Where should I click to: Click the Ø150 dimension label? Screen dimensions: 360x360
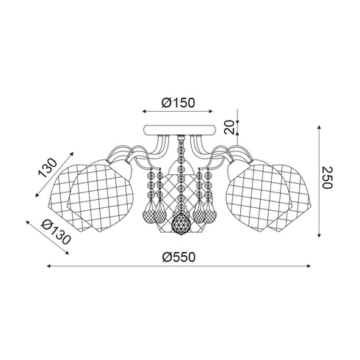[x=178, y=103]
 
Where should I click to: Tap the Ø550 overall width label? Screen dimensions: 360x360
[x=179, y=257]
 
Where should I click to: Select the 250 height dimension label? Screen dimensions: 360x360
[x=327, y=178]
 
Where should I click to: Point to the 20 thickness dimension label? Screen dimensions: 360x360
[x=229, y=127]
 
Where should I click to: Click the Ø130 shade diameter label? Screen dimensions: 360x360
[x=57, y=231]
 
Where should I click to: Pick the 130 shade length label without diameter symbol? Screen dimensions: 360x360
[x=47, y=168]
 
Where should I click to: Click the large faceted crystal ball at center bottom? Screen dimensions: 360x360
[x=181, y=224]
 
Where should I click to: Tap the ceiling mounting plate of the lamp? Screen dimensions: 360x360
[x=180, y=130]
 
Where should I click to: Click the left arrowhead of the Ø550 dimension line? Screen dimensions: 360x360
[x=48, y=266]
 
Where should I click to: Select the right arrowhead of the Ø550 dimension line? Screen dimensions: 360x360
[x=309, y=266]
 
